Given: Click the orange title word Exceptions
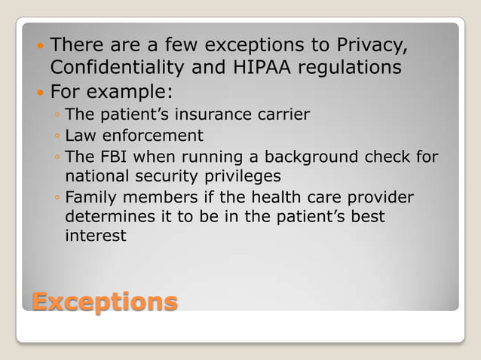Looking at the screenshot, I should coord(104,302).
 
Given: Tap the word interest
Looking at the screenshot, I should coord(95,236).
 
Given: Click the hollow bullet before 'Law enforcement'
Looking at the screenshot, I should coord(57,137).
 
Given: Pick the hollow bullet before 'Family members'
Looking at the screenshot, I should coord(57,199).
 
